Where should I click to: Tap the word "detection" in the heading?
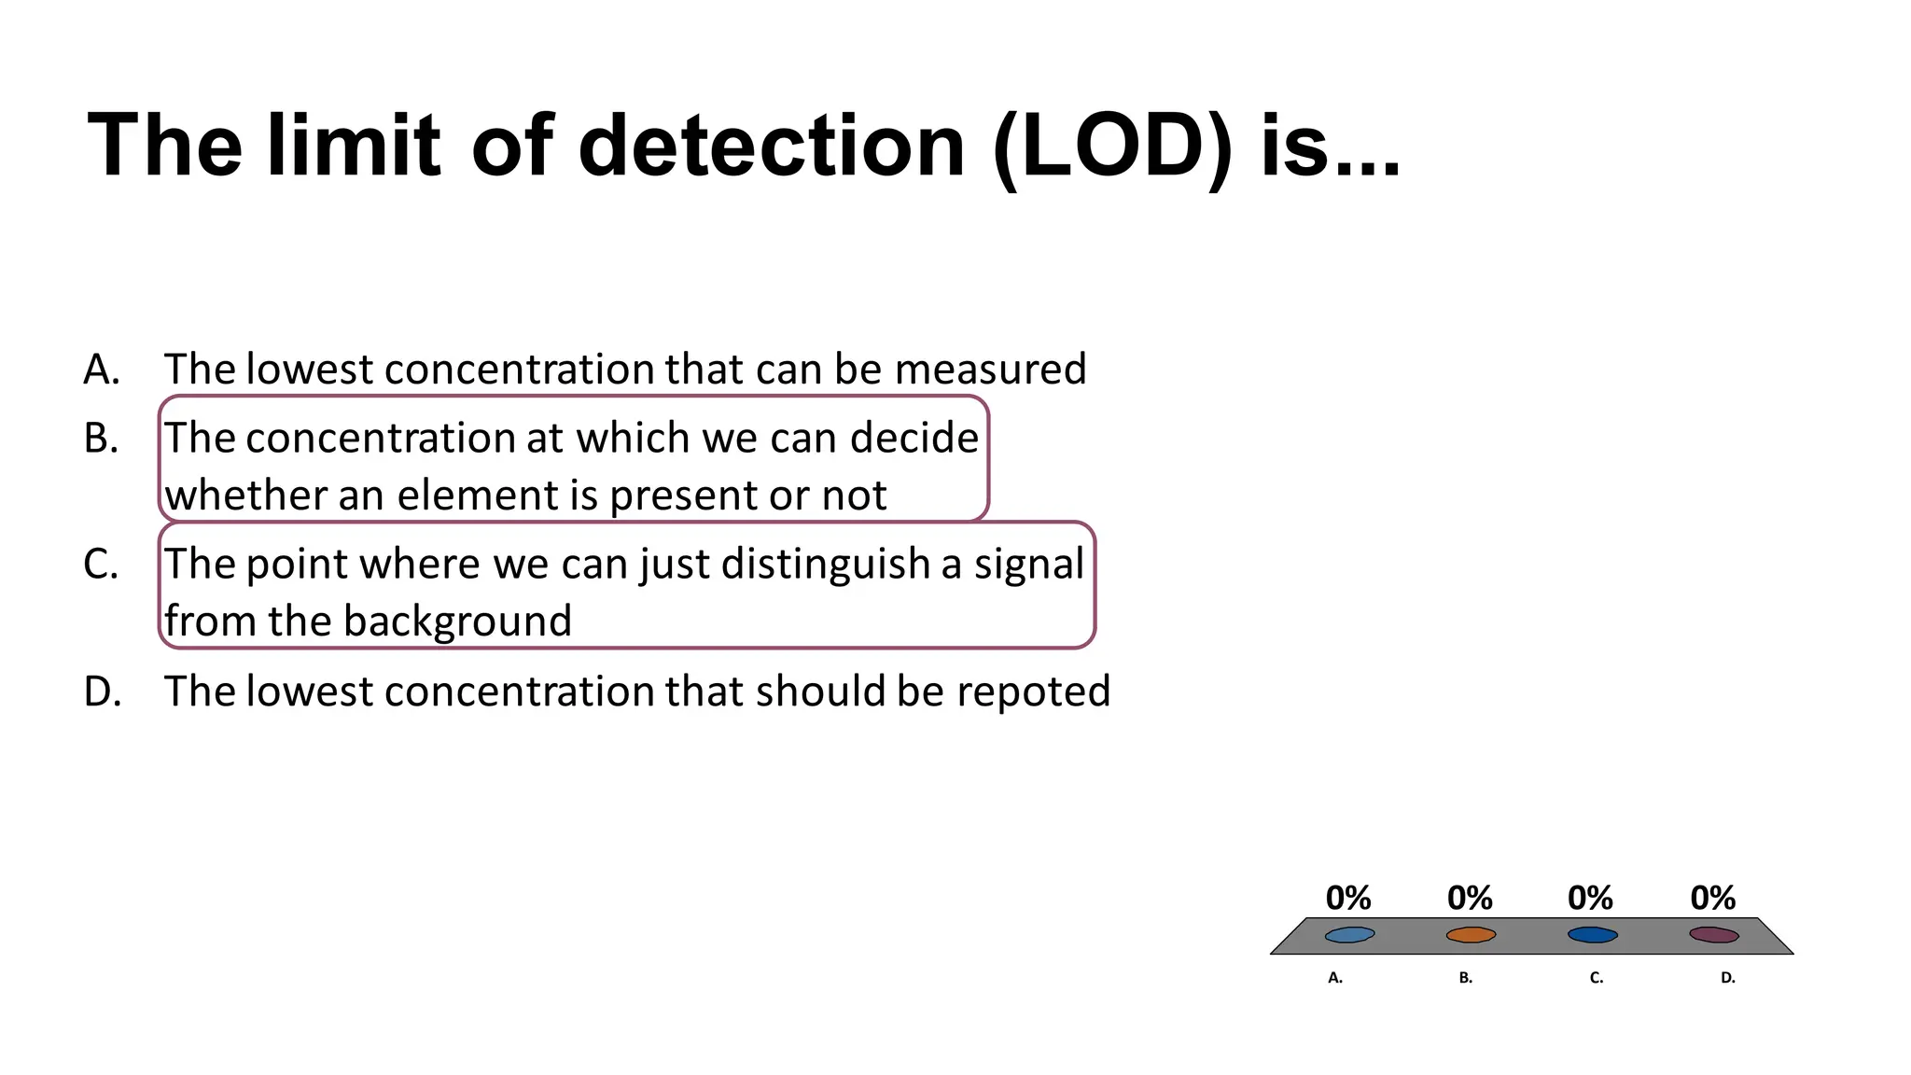click(772, 147)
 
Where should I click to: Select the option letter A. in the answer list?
click(102, 370)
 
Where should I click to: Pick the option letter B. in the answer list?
click(101, 439)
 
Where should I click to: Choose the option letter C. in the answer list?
click(101, 565)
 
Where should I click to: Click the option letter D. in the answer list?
click(102, 691)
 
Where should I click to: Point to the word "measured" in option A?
click(990, 370)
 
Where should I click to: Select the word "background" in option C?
click(467, 622)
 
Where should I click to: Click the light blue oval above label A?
click(1349, 934)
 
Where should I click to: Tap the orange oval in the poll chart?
click(1471, 934)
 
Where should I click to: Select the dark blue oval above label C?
click(1592, 934)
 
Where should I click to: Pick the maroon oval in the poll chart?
click(1714, 934)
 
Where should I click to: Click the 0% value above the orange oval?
click(1470, 898)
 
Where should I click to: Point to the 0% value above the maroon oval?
click(1713, 898)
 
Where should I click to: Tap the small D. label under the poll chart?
click(1728, 978)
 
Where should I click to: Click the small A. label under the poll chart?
click(1335, 978)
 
